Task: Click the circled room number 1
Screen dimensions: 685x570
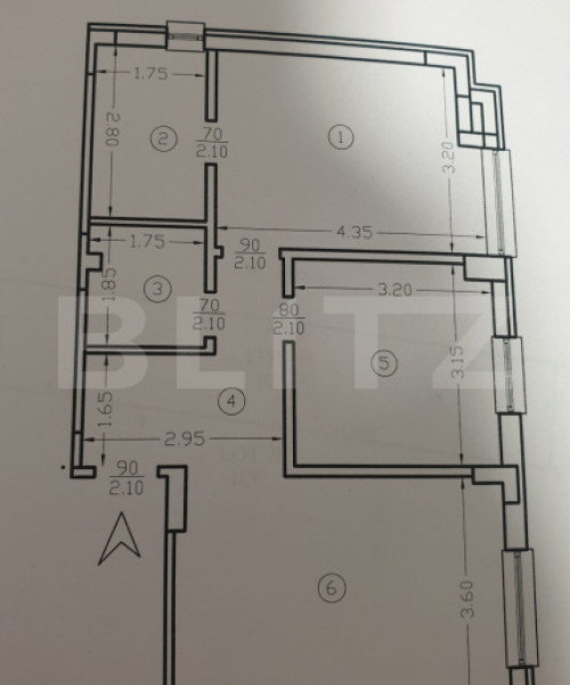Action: (x=341, y=136)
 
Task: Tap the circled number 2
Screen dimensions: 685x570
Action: (x=161, y=138)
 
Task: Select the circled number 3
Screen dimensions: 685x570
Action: (x=157, y=289)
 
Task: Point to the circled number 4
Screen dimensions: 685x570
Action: (x=232, y=401)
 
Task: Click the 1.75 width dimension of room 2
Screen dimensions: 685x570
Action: (x=151, y=75)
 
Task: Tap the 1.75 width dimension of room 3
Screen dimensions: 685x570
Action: (x=147, y=240)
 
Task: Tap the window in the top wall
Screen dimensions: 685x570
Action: (x=186, y=35)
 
